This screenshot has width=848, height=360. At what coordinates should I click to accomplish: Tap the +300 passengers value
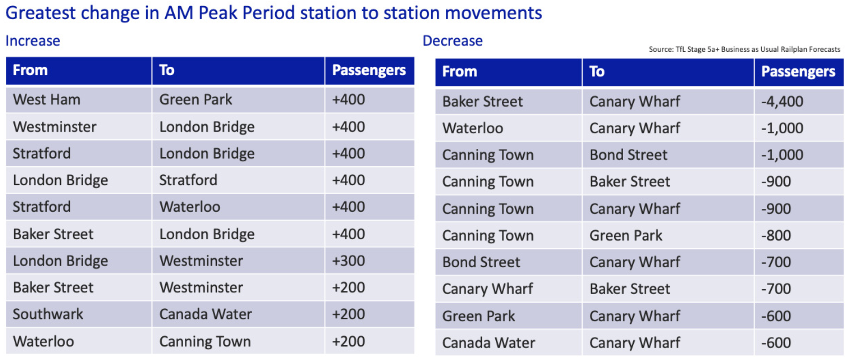(x=348, y=261)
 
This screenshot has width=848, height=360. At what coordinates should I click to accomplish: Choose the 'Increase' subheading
(x=33, y=41)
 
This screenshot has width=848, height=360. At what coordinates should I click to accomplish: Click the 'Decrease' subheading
(x=452, y=41)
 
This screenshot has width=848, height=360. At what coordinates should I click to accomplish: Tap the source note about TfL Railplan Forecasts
(x=744, y=49)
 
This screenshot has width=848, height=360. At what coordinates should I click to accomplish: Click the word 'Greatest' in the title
(x=41, y=13)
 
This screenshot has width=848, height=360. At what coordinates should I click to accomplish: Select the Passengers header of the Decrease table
(x=798, y=71)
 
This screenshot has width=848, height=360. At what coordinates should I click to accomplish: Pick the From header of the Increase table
(x=30, y=70)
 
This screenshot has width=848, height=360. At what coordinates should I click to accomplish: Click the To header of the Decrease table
(x=597, y=71)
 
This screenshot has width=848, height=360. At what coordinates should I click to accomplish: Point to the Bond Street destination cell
(x=628, y=155)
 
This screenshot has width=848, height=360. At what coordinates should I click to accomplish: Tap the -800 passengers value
(x=776, y=235)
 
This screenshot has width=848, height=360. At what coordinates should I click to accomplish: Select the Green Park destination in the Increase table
(x=196, y=99)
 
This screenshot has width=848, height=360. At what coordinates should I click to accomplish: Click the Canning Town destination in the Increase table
(x=205, y=341)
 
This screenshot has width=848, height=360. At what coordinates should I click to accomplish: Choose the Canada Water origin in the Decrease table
(x=489, y=343)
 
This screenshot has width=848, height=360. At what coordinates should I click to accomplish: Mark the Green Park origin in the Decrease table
(x=478, y=316)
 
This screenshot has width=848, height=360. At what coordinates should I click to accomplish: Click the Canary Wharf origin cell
(x=488, y=289)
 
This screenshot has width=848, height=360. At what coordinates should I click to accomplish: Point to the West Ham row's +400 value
(x=348, y=99)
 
